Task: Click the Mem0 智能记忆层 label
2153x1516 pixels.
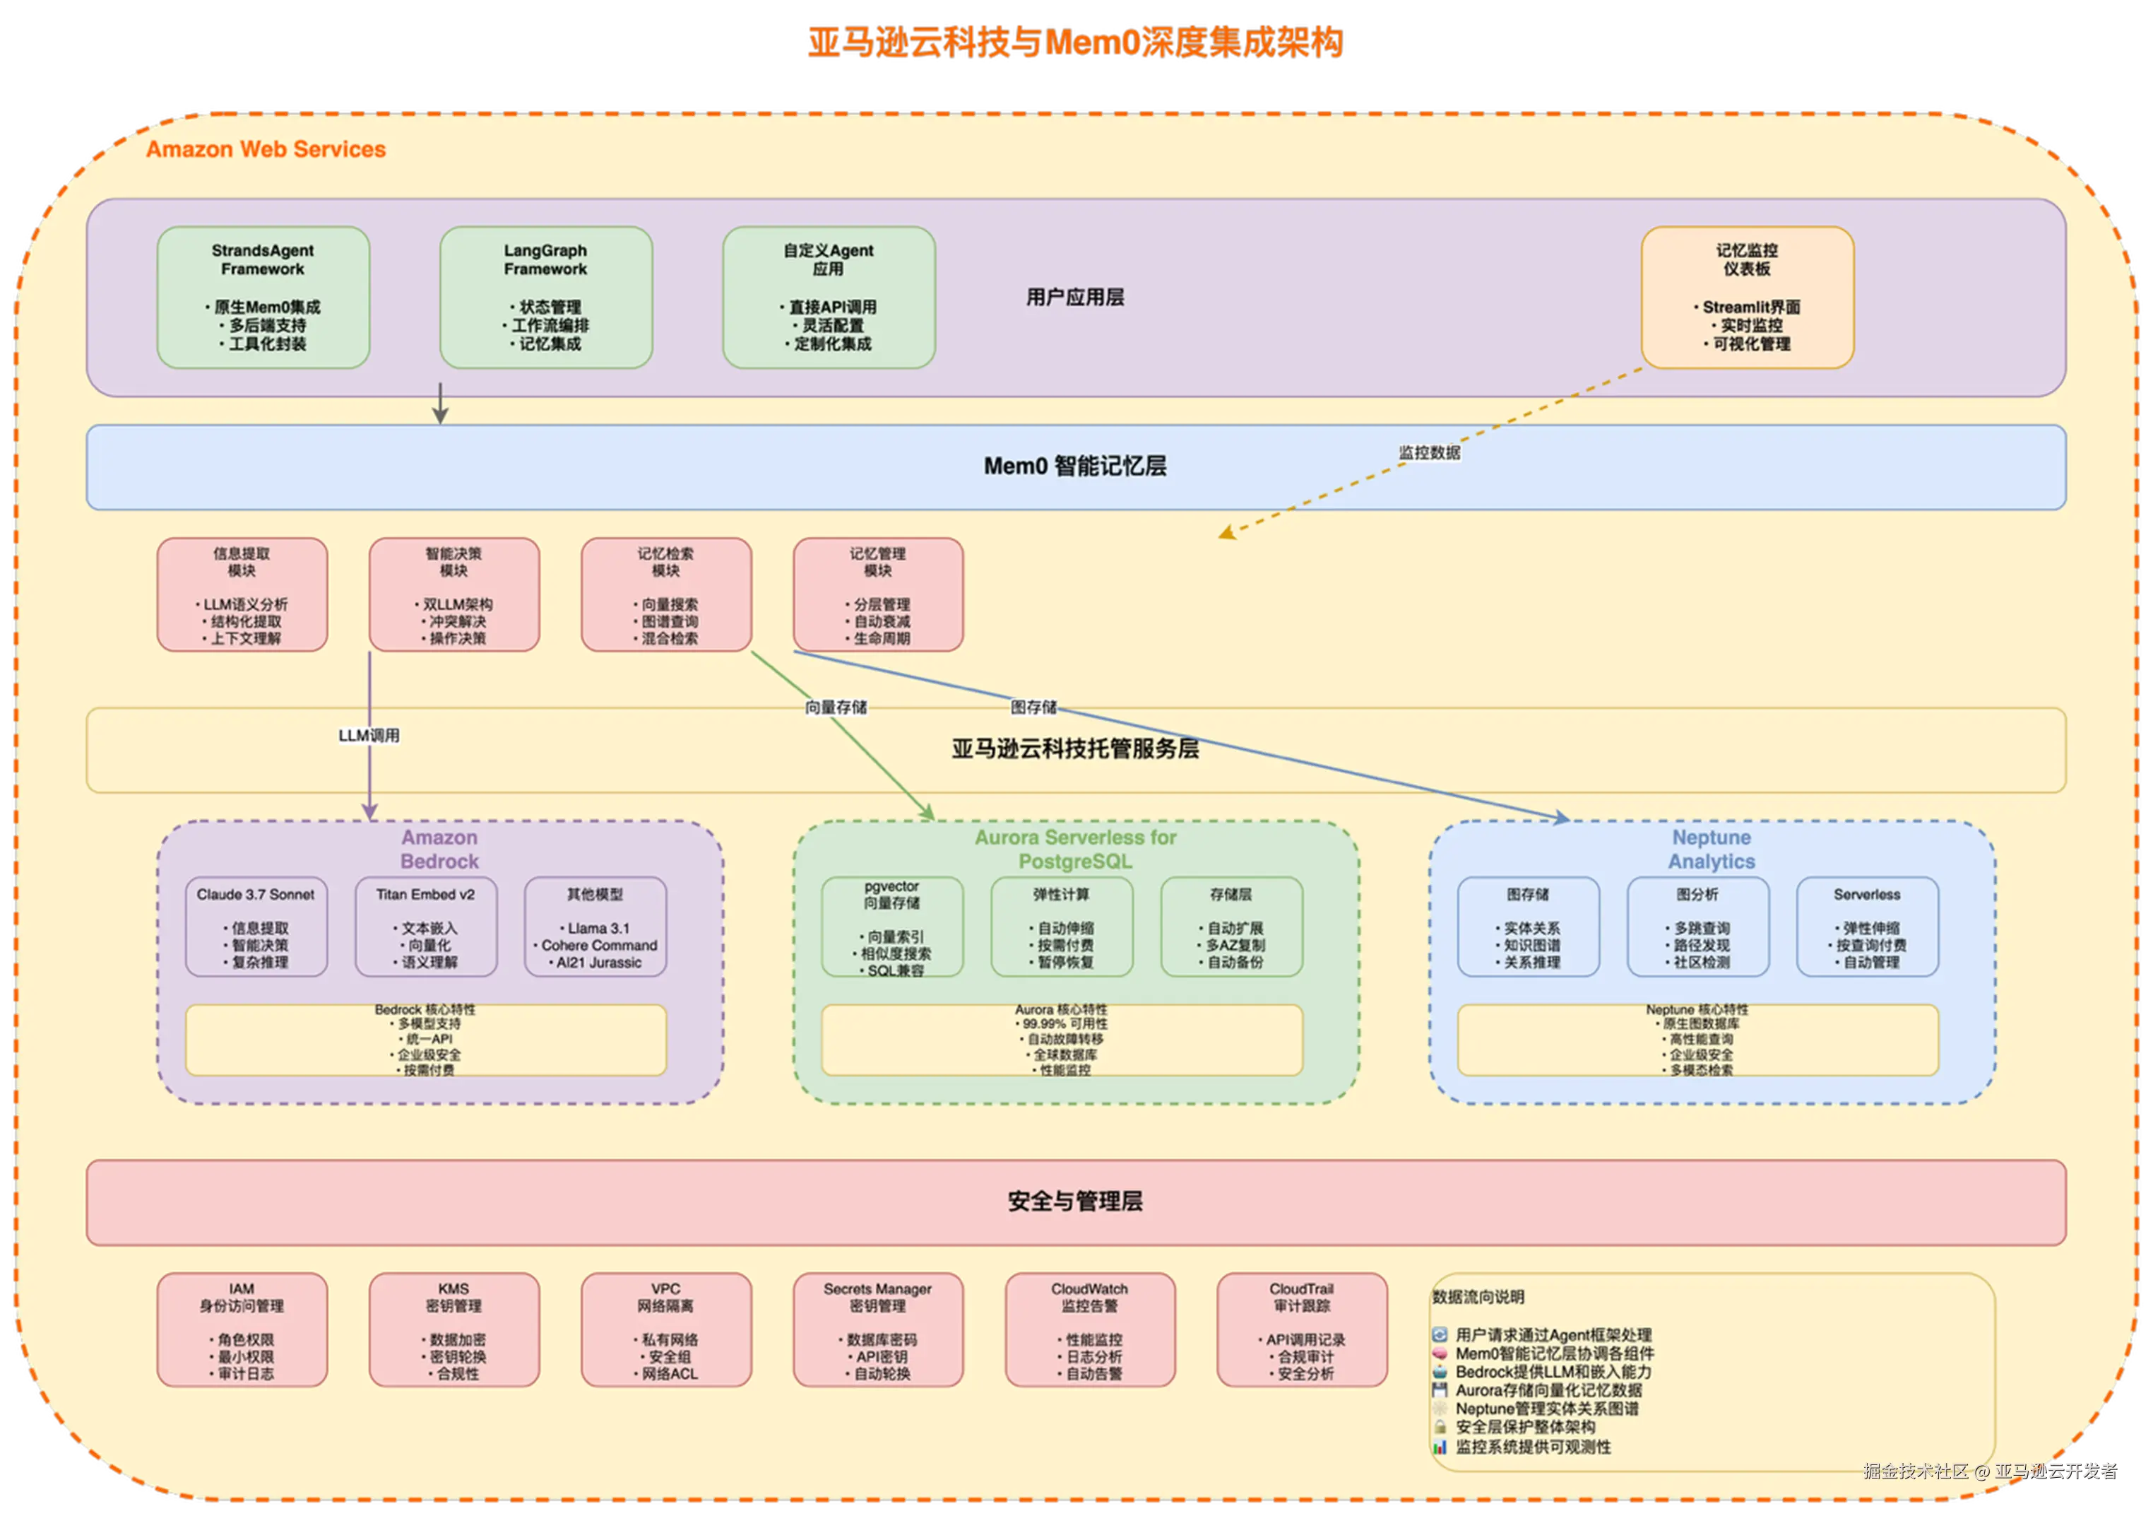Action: (1074, 466)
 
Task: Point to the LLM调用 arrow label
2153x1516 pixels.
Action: (369, 736)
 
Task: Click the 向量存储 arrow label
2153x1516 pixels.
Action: (836, 707)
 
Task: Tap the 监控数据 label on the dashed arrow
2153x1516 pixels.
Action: (1429, 453)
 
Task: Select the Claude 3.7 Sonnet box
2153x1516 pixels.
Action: (256, 927)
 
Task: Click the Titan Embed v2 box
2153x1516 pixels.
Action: (426, 927)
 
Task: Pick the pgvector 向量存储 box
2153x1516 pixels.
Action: (891, 927)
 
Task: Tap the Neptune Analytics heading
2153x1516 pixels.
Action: (1712, 849)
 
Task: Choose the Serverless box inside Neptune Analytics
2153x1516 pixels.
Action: (1867, 927)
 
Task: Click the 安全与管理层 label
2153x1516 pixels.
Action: (1074, 1201)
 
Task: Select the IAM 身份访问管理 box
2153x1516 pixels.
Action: (242, 1329)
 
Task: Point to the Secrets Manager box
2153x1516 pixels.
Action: (878, 1329)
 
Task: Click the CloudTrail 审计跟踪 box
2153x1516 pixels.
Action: (1302, 1329)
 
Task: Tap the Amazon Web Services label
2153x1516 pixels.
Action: (266, 149)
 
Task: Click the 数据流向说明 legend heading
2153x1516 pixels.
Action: (1478, 1296)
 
